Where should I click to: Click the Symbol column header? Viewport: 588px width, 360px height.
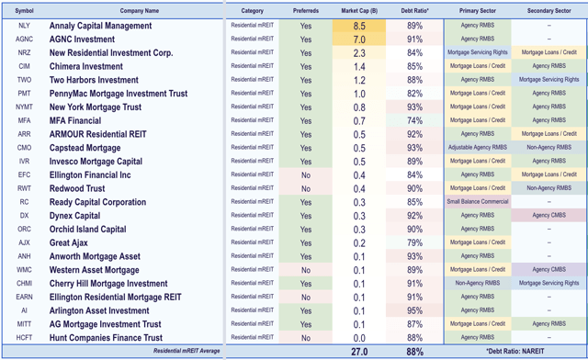point(23,10)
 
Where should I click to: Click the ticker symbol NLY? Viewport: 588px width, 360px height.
point(23,26)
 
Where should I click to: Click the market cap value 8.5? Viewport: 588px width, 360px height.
point(360,26)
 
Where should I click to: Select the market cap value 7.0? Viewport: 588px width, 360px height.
point(360,39)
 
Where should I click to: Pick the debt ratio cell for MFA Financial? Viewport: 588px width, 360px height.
point(414,120)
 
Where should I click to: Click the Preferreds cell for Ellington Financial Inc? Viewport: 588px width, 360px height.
point(305,174)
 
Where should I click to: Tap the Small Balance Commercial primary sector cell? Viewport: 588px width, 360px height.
point(477,202)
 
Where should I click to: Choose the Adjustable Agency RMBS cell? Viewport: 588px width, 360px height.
point(477,148)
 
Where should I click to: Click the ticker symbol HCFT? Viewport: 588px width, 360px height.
point(23,337)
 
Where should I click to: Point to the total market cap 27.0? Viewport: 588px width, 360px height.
point(360,352)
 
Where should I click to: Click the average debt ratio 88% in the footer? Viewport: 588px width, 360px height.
point(414,352)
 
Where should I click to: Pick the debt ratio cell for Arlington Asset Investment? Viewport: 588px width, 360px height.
point(414,310)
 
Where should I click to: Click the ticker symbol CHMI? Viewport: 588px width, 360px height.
point(23,283)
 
